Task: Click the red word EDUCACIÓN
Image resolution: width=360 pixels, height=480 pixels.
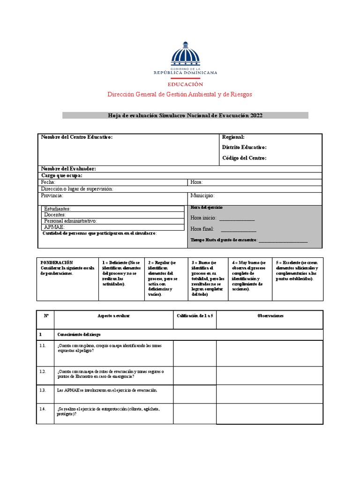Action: (186, 84)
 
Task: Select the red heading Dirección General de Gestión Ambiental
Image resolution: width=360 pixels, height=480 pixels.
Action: (180, 94)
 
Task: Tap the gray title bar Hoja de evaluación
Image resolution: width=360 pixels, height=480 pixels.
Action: (185, 115)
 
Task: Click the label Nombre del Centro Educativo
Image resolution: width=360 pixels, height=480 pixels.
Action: (77, 137)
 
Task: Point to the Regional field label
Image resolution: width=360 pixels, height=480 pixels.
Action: (233, 137)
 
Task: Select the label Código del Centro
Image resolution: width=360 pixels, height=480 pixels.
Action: (244, 158)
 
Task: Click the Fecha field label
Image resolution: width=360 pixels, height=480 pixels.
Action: (48, 182)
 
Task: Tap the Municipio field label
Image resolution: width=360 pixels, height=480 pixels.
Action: (202, 195)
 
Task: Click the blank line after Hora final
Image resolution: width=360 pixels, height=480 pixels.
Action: (239, 229)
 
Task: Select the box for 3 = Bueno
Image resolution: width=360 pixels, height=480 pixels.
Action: (207, 278)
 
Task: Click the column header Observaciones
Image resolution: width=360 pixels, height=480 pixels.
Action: (270, 316)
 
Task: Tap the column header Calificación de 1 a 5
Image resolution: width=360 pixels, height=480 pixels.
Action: (195, 316)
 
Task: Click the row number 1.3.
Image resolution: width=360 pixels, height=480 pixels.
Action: (43, 390)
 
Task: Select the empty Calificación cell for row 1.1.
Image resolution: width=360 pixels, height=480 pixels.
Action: (195, 352)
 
